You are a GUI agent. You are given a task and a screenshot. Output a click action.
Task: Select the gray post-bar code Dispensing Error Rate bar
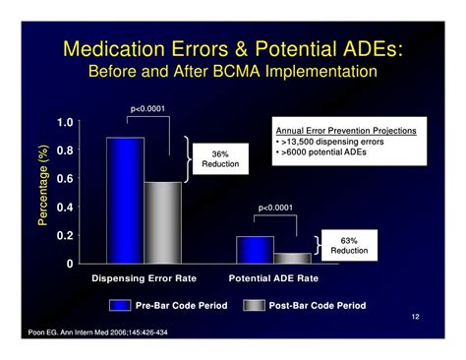pyautogui.click(x=163, y=222)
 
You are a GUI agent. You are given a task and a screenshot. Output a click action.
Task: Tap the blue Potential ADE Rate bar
pyautogui.click(x=255, y=250)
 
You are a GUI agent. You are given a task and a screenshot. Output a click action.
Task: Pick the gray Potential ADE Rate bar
pyautogui.click(x=292, y=259)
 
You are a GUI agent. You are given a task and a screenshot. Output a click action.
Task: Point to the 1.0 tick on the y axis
pyautogui.click(x=64, y=123)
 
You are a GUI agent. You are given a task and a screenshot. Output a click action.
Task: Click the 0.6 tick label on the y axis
pyautogui.click(x=64, y=180)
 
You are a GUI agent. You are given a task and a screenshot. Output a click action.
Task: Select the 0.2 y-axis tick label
pyautogui.click(x=64, y=236)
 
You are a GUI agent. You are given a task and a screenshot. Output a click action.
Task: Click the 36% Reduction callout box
pyautogui.click(x=222, y=159)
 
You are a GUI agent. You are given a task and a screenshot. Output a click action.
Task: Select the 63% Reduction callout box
pyautogui.click(x=350, y=245)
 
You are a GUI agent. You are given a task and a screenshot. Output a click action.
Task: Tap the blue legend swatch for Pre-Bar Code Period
pyautogui.click(x=120, y=306)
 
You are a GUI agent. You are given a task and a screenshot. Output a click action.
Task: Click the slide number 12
pyautogui.click(x=416, y=319)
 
